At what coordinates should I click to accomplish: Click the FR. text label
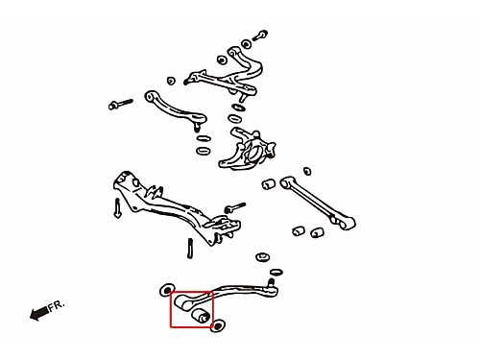57,305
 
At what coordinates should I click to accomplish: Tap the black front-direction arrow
38,313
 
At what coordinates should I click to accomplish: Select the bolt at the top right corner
260,36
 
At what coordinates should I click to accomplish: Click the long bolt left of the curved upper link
120,104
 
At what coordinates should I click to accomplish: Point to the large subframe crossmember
176,208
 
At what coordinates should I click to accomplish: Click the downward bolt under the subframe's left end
117,208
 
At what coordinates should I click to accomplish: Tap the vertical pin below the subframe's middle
190,248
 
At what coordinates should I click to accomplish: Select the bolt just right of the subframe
234,207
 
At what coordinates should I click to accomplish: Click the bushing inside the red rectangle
202,316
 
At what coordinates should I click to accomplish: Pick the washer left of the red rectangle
166,290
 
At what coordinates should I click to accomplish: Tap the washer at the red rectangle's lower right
218,325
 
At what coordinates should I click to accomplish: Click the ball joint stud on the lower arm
272,282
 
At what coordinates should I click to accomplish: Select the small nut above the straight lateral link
307,171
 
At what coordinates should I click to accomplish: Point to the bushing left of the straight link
269,184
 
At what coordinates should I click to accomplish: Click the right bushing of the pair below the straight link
318,232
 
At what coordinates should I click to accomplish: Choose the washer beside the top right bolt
246,44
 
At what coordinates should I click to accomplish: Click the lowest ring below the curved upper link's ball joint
203,151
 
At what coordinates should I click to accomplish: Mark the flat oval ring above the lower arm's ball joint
276,273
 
